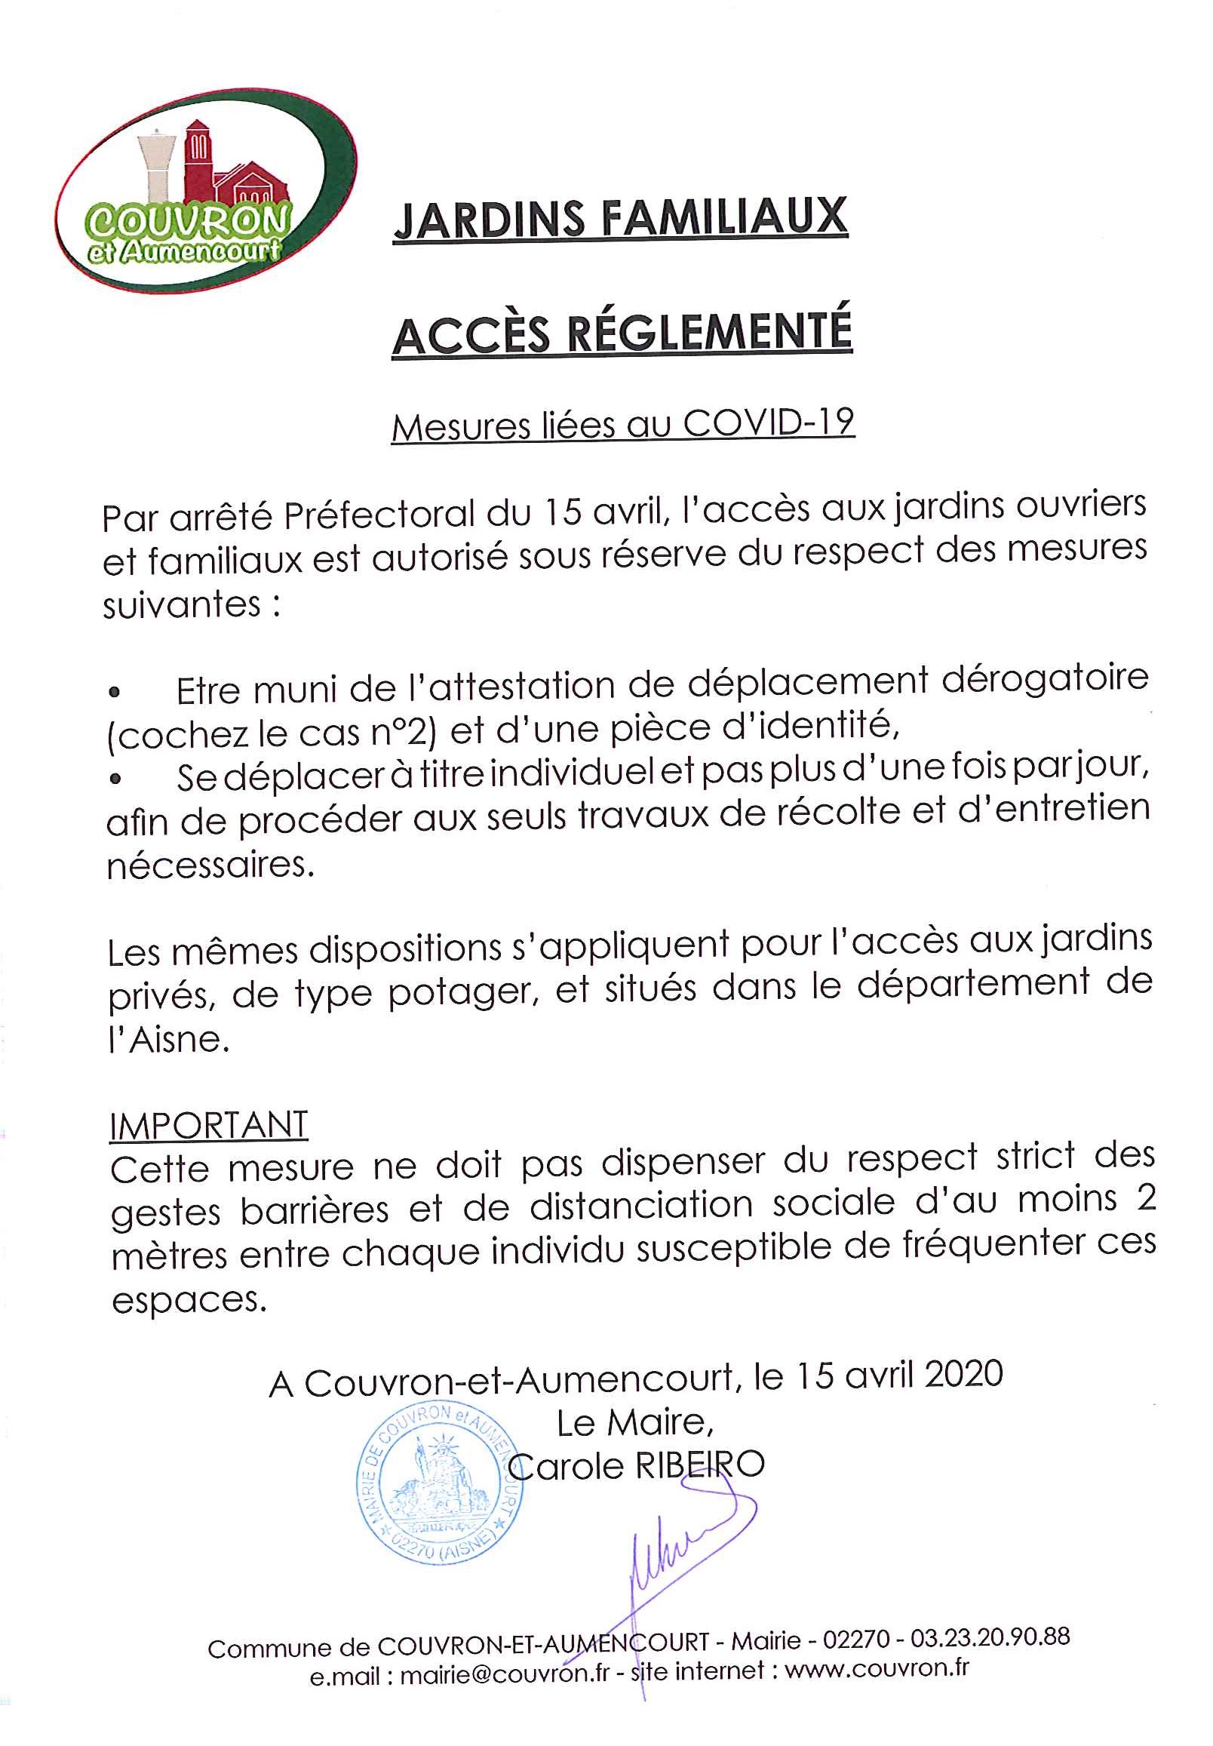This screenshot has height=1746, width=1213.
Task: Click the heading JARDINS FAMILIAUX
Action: coord(620,219)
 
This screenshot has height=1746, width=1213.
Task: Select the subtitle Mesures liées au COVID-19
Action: coord(622,424)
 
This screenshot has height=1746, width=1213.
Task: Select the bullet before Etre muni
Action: coord(115,693)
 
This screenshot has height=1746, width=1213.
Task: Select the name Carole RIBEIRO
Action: coord(637,1465)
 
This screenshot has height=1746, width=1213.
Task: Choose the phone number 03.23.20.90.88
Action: coord(990,1637)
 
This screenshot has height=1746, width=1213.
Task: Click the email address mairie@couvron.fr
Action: coord(505,1673)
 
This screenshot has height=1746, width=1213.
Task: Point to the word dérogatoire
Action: coord(1045,679)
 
